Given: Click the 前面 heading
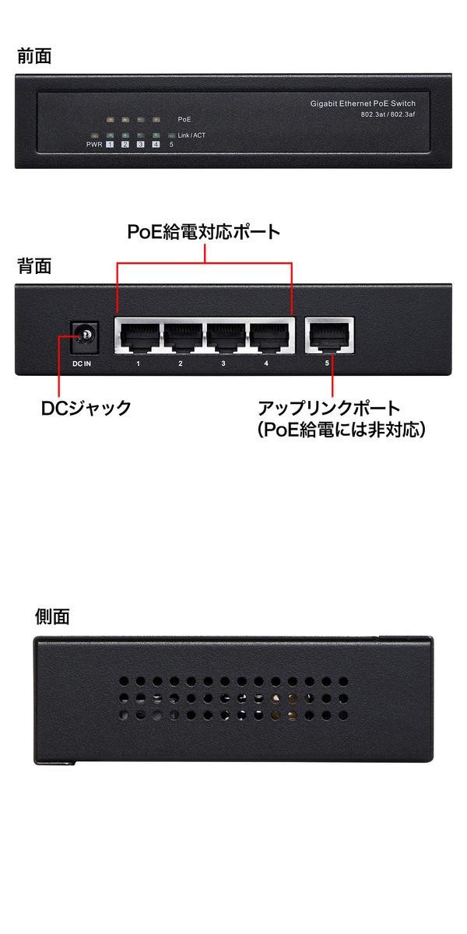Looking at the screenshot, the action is (34, 56).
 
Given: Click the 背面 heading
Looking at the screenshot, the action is (34, 266).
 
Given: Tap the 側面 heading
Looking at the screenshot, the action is (52, 616).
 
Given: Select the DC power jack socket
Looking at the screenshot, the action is (85, 338).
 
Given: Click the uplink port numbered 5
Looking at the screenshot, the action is (330, 335).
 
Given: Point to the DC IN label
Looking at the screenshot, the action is (82, 364).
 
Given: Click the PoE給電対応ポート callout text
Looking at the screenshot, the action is (203, 232).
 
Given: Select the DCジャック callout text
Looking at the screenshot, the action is (86, 408).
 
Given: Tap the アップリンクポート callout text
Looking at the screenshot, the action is (329, 408).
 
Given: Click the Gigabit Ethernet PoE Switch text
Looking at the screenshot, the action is (363, 104).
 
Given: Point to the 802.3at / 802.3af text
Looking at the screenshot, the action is (388, 114).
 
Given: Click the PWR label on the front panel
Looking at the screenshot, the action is (94, 145).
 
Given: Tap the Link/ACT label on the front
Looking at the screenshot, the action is (191, 135).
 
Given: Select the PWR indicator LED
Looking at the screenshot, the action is (94, 135).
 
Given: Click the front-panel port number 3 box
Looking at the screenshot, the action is (141, 144).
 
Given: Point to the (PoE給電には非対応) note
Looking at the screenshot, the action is (342, 430).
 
